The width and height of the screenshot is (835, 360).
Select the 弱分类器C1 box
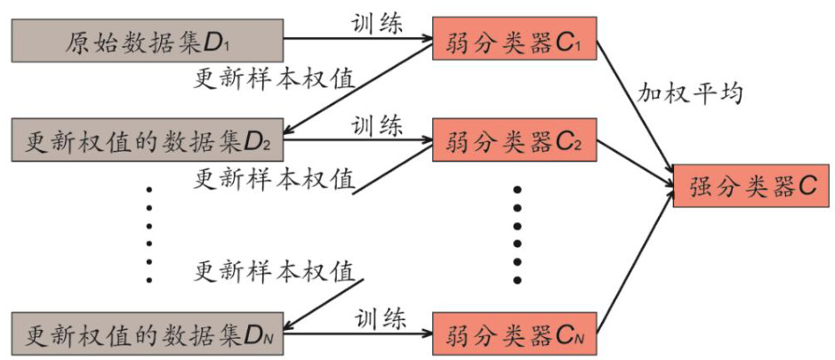click(x=514, y=40)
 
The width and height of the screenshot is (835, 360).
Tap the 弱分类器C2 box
click(x=514, y=140)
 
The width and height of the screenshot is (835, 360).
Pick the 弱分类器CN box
click(x=514, y=336)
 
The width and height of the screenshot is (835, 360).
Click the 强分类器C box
click(x=752, y=187)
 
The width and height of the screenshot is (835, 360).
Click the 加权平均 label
click(x=689, y=93)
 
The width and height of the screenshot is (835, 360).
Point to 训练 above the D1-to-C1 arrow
click(x=376, y=20)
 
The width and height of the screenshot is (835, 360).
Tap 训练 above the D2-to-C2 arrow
click(x=376, y=122)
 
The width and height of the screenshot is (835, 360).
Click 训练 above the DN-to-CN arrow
click(x=381, y=316)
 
